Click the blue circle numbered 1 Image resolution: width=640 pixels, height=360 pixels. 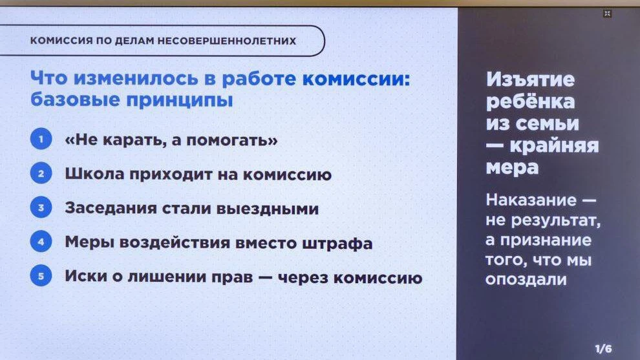coord(41,139)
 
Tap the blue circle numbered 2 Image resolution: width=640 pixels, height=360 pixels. coord(41,173)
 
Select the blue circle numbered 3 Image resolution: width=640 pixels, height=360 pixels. coord(41,207)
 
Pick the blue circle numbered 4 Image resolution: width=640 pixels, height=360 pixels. coord(41,242)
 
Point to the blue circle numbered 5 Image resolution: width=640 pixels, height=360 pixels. coord(41,275)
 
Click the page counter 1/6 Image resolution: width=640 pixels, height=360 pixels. coord(603,349)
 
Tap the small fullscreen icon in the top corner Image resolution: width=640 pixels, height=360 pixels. coord(607,14)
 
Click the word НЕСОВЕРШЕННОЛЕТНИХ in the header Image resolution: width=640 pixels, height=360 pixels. coord(226,41)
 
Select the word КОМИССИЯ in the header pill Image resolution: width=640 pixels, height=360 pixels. coord(61,41)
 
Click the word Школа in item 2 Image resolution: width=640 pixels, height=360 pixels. coord(94,174)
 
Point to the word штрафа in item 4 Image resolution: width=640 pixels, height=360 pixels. coord(337,244)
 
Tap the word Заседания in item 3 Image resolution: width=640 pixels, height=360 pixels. coord(111,209)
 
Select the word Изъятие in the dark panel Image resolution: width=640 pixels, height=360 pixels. coord(530,80)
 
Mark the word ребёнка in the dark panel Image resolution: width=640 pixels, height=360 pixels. coord(530,101)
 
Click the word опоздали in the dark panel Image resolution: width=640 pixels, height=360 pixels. coord(526,280)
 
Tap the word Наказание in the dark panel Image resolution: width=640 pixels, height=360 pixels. coord(531,200)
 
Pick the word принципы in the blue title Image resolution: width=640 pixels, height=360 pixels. coord(180,100)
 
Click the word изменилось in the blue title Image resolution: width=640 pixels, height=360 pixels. coord(136,78)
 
